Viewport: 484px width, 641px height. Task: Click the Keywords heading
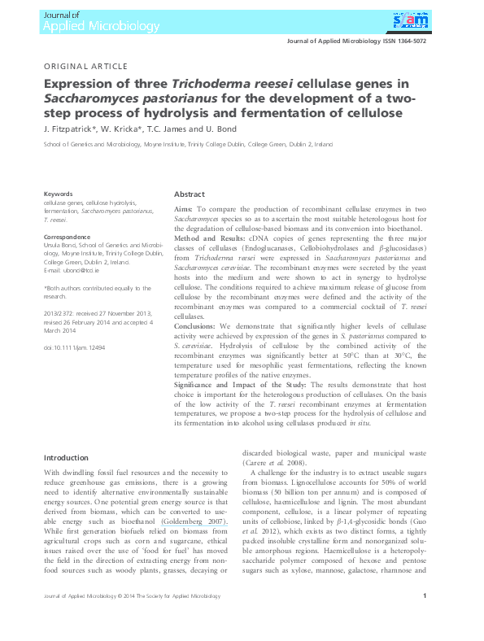coord(58,194)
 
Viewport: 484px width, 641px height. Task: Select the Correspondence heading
coord(67,237)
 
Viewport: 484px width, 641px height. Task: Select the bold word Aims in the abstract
coord(183,210)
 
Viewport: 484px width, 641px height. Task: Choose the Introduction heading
coord(65,458)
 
